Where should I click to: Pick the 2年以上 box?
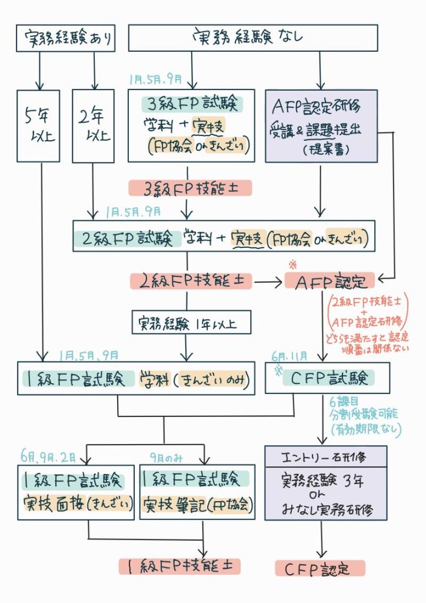point(92,125)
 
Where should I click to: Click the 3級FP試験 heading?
point(192,104)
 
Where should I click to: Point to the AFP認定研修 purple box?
point(321,125)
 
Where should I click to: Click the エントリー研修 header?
point(325,456)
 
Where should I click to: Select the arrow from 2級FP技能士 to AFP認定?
point(267,283)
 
